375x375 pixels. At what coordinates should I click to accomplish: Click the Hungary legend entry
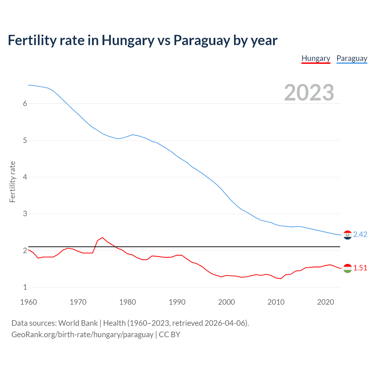click(316, 59)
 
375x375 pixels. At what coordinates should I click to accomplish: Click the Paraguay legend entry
click(352, 59)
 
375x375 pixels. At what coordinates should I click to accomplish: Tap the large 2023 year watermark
click(309, 93)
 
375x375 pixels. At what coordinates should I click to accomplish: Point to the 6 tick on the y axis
click(25, 104)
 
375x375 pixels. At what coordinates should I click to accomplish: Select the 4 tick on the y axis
click(25, 177)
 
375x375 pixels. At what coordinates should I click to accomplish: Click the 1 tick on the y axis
click(25, 287)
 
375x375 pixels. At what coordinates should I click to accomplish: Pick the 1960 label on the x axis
click(28, 302)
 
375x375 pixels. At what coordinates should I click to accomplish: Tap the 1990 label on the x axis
click(177, 302)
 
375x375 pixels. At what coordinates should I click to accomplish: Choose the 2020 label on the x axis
click(325, 302)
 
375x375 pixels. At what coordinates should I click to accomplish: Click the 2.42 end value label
click(360, 235)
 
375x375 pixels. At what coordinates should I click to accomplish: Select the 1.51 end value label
click(360, 268)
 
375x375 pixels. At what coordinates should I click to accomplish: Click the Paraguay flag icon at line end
click(347, 235)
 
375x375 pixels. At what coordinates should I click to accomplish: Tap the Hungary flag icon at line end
click(347, 268)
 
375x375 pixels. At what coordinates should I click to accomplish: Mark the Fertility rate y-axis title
click(12, 182)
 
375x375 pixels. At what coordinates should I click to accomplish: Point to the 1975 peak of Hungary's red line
click(102, 238)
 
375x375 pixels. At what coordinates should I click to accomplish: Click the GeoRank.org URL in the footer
click(82, 335)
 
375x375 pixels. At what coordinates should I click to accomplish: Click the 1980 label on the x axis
click(127, 302)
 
